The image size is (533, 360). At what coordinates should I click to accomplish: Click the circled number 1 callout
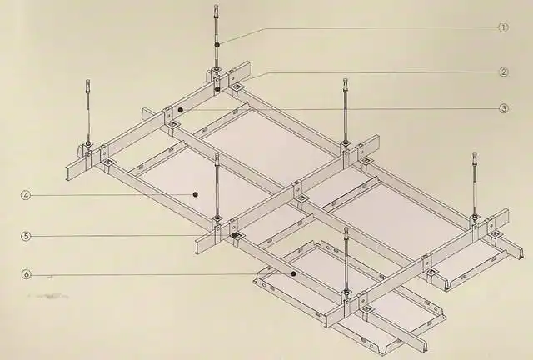click(503, 27)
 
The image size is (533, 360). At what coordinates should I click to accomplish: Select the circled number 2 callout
click(504, 72)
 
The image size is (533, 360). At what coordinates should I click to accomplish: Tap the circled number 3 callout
click(504, 108)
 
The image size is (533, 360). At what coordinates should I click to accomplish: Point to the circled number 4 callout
click(26, 195)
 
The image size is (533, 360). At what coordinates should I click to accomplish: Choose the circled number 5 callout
click(26, 236)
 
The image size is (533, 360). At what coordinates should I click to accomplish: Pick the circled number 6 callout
click(26, 274)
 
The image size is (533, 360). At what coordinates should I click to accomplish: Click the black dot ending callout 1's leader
click(217, 44)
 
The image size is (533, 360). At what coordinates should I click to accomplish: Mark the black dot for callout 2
click(217, 89)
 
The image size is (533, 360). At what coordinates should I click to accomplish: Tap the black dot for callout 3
click(181, 110)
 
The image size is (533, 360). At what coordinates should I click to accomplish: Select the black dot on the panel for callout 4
click(195, 194)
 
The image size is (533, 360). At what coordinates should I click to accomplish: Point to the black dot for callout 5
click(234, 235)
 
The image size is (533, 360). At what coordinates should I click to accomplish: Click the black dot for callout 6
click(293, 273)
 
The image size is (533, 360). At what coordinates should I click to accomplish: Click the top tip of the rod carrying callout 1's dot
click(217, 6)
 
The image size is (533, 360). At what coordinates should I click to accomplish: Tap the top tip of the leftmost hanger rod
click(88, 81)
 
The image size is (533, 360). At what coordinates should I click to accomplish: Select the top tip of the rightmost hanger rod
click(475, 154)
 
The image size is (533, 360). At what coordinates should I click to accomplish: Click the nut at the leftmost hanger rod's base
click(88, 144)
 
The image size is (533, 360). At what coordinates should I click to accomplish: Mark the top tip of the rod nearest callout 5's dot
click(217, 155)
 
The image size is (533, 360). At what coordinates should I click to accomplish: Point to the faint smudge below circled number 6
click(48, 295)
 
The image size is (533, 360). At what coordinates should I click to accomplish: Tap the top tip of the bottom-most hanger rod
click(346, 229)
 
